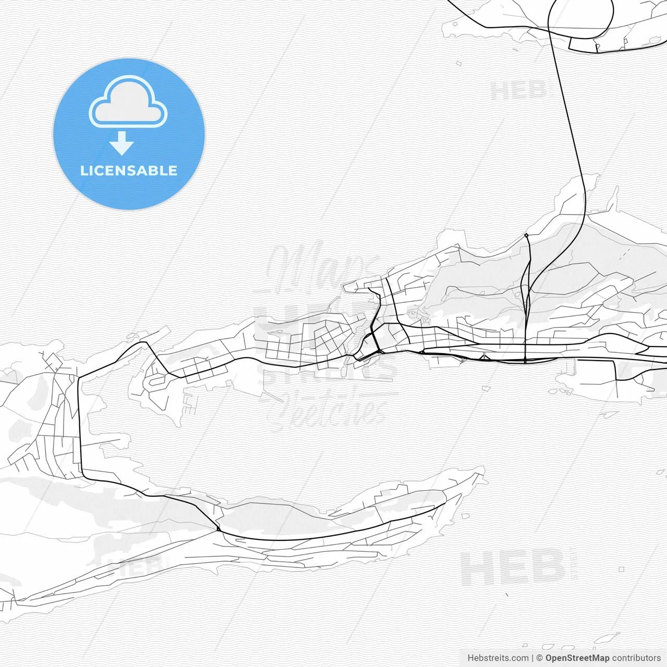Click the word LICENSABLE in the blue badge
[129, 170]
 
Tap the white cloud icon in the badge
[128, 103]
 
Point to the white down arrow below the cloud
[122, 143]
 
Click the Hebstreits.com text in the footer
[498, 658]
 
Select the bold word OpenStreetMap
[577, 658]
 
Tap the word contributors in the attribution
[636, 658]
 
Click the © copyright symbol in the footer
[540, 658]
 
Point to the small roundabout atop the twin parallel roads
[526, 236]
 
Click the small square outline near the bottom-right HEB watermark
[622, 570]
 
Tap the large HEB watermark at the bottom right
[513, 568]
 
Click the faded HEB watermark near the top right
[518, 91]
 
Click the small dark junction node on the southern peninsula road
[218, 529]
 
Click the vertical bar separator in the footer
[533, 658]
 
